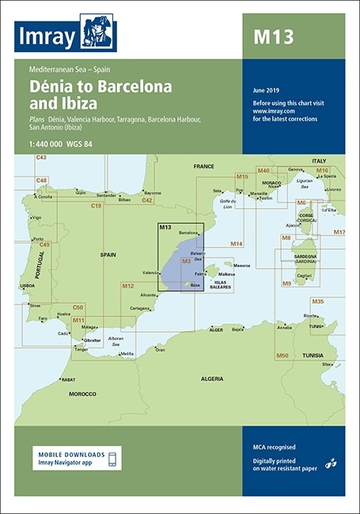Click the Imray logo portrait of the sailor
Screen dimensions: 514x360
coord(98,32)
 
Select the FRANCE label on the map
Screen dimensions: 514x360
coord(204,167)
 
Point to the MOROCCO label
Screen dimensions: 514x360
coord(82,394)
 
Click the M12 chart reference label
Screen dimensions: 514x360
coord(127,285)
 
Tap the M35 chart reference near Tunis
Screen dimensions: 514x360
coord(317,301)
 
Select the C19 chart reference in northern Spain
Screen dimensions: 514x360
coord(96,206)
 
